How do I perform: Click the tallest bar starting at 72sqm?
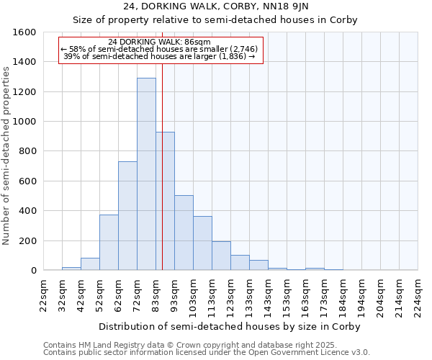point(146,174)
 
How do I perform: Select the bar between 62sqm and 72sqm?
point(127,216)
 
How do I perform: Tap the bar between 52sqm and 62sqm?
point(109,243)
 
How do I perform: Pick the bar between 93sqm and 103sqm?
point(184,233)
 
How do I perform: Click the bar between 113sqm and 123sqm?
point(221,256)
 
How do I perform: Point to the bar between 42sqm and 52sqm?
point(90,264)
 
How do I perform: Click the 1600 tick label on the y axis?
point(24,32)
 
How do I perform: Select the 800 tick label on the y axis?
point(27,151)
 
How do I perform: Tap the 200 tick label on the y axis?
point(27,240)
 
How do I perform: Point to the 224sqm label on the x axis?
point(418,296)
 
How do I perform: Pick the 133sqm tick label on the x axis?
point(249,296)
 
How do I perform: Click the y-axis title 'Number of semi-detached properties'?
point(7,153)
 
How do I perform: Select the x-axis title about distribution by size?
point(229,326)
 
